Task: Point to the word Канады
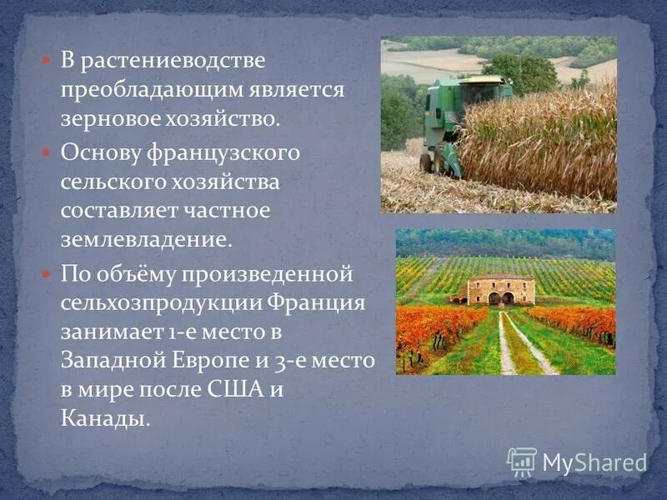pos(103,416)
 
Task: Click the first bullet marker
pos(47,61)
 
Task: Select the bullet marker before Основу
pos(47,154)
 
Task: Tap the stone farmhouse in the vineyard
pos(501,289)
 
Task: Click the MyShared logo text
pos(594,462)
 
